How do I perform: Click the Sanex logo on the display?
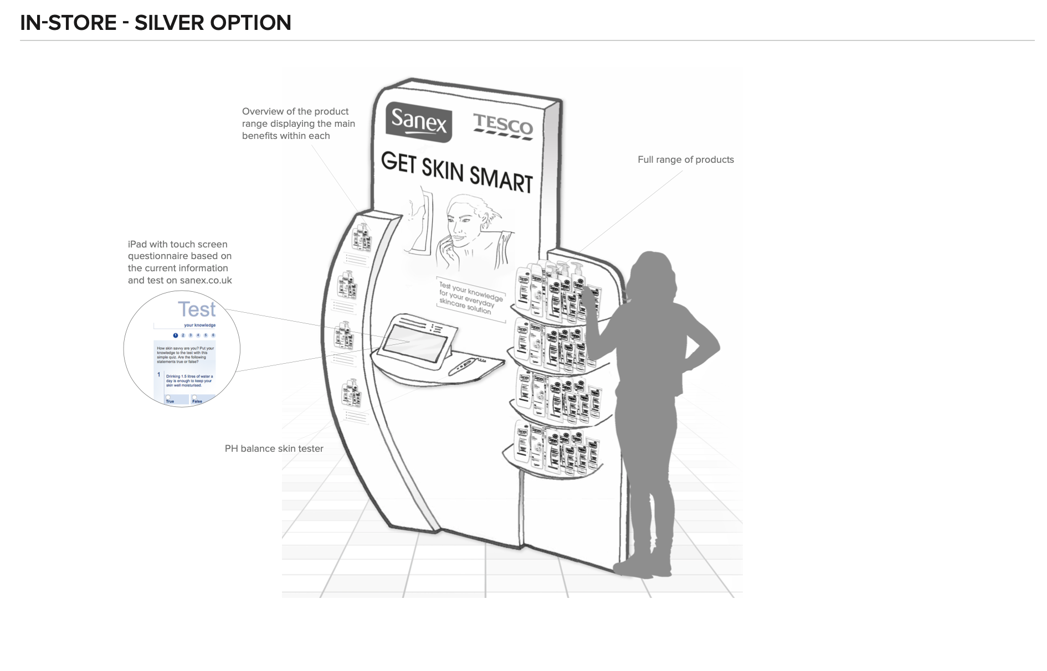pyautogui.click(x=418, y=121)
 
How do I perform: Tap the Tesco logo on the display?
pyautogui.click(x=502, y=126)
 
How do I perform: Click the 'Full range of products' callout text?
pyautogui.click(x=685, y=159)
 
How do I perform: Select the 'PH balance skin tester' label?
pyautogui.click(x=274, y=448)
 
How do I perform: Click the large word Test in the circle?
pyautogui.click(x=196, y=309)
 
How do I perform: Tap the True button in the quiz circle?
pyautogui.click(x=170, y=400)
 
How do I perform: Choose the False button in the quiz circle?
pyautogui.click(x=197, y=400)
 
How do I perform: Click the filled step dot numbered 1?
pyautogui.click(x=176, y=335)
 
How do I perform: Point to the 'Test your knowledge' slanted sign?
pyautogui.click(x=470, y=298)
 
